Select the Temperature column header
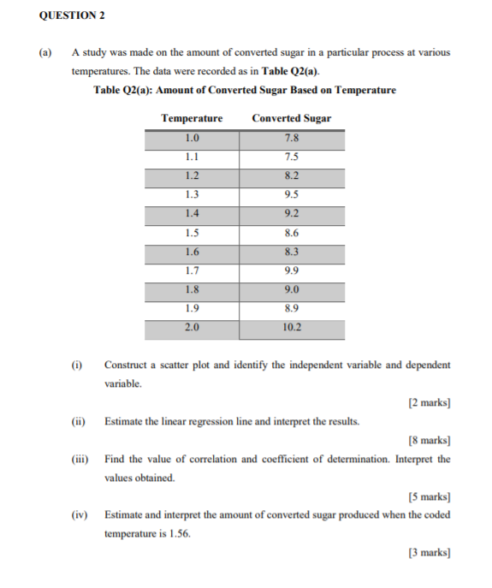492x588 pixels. point(192,118)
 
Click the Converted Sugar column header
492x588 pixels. point(292,118)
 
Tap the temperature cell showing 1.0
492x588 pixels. point(192,138)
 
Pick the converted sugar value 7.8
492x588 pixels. point(292,138)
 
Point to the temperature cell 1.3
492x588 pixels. point(192,194)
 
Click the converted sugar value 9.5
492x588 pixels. point(292,194)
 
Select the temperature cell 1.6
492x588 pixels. point(192,252)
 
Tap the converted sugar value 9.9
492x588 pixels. point(292,271)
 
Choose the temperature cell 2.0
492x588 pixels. point(192,328)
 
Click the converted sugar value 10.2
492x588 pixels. point(292,328)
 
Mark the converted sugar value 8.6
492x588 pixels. point(292,233)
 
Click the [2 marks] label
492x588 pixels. point(430,402)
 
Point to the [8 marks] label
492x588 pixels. point(430,440)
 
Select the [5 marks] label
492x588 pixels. point(430,496)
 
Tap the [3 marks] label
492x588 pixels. point(430,552)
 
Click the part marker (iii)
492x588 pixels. point(80,459)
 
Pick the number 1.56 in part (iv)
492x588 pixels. point(177,533)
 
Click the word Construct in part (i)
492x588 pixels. point(126,365)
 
